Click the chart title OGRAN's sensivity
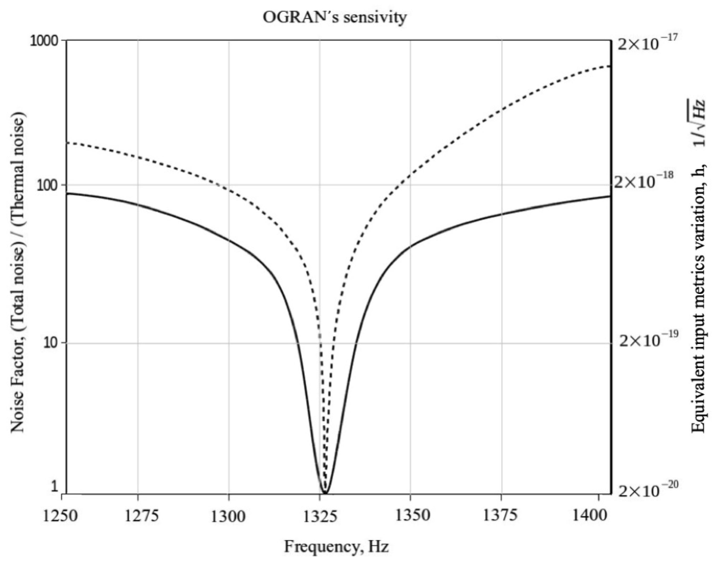coord(334,17)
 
